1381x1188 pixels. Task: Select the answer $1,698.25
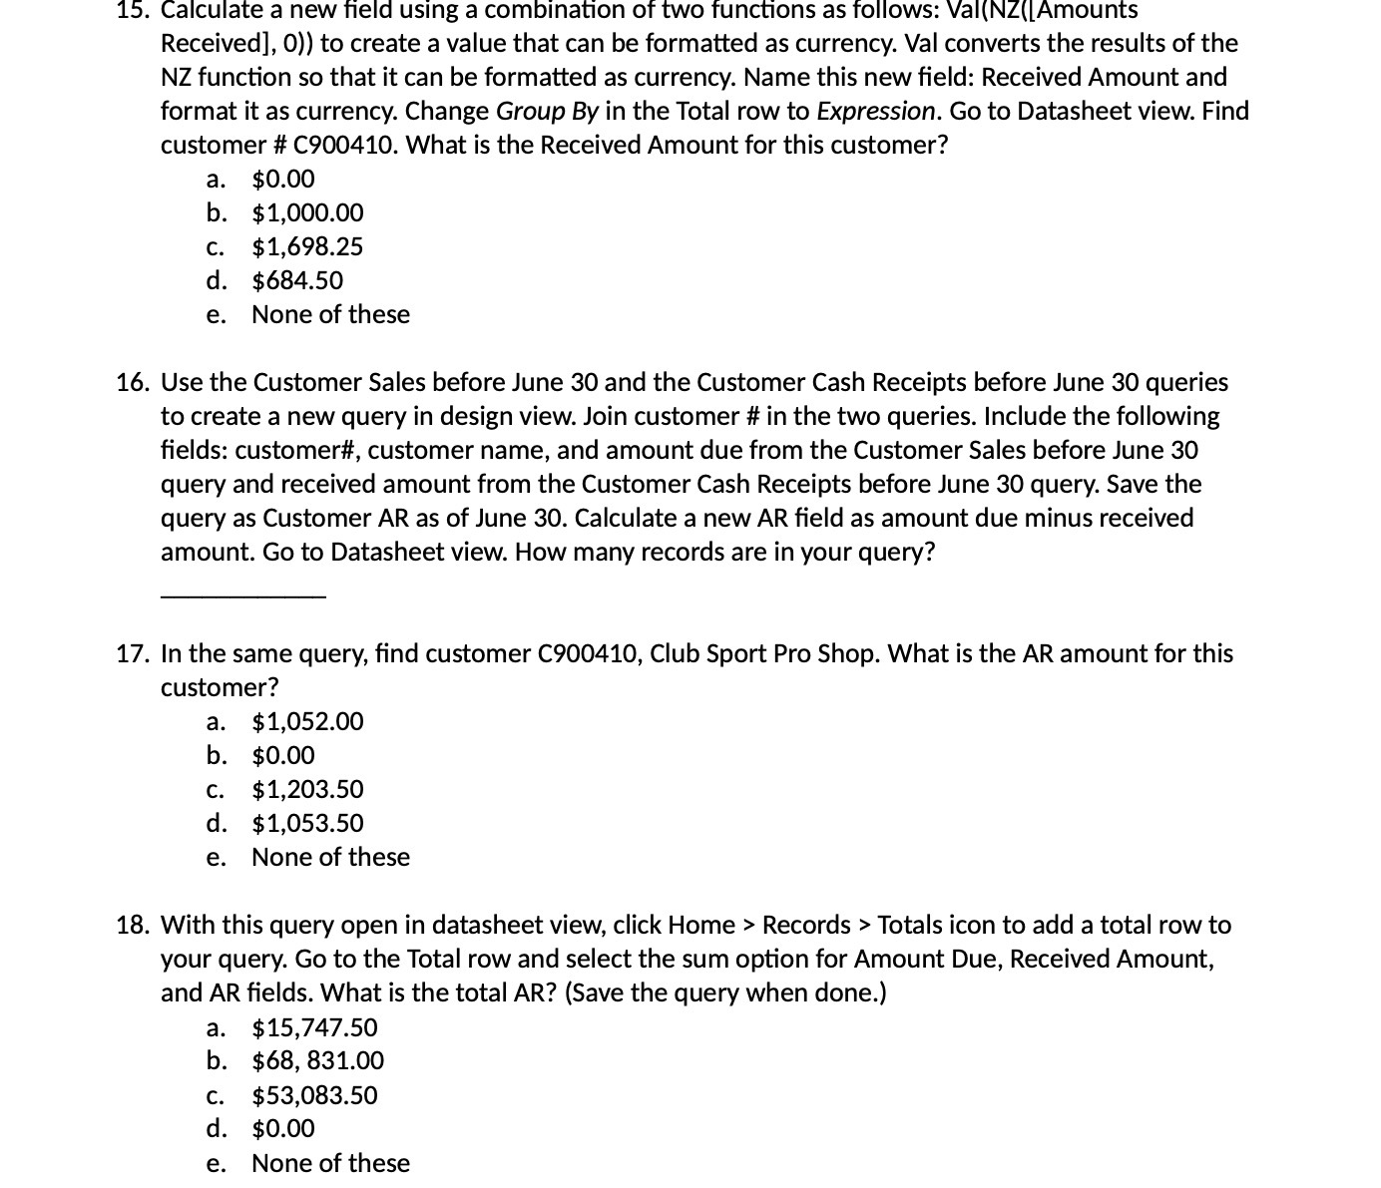point(307,247)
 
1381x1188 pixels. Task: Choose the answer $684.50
point(297,281)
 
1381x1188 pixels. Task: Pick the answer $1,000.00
point(307,213)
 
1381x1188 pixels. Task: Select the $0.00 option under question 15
point(283,180)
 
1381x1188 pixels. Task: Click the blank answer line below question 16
point(242,595)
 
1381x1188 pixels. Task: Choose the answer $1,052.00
point(307,722)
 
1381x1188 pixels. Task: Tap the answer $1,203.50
point(307,790)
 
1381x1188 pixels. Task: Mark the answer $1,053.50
point(307,824)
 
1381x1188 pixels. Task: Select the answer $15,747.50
point(314,1028)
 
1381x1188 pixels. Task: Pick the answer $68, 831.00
point(317,1061)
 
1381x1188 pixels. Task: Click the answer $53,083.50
point(314,1096)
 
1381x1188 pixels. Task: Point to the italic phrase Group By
point(546,112)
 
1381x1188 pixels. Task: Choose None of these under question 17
point(330,858)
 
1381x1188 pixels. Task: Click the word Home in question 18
point(701,926)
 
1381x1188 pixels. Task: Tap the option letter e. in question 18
point(216,1164)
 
